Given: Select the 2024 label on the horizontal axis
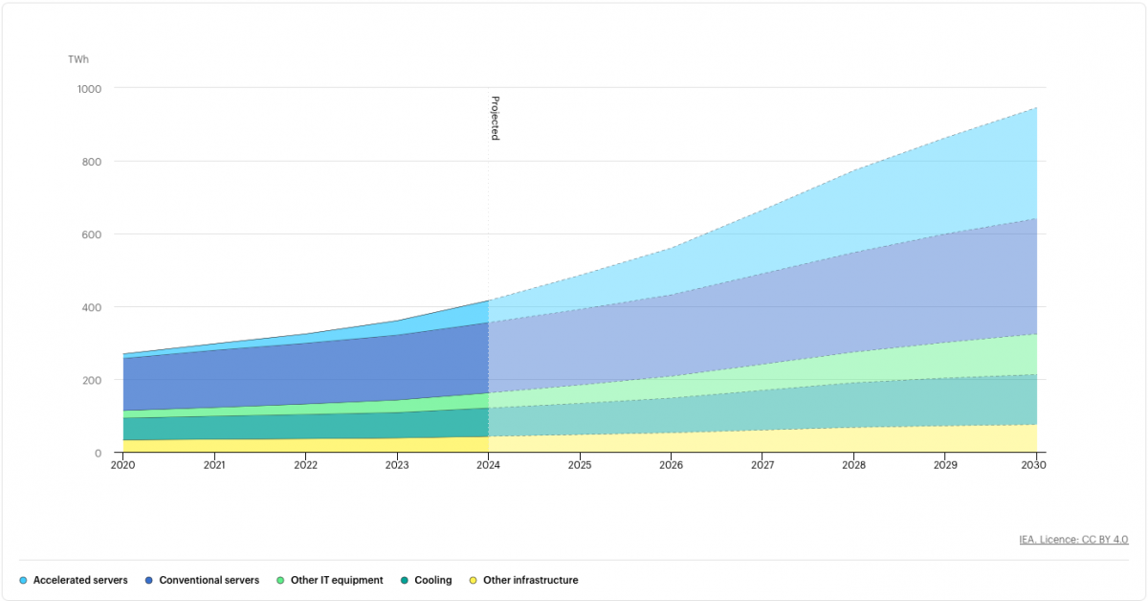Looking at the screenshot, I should click(489, 465).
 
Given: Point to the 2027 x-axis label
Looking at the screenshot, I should click(762, 465).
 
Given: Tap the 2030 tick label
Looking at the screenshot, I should click(1034, 465).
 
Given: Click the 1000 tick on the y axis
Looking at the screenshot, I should click(89, 88).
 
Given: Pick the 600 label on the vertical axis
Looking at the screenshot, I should click(93, 234).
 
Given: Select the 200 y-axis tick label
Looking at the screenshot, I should click(93, 380).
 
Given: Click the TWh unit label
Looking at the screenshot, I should click(78, 59).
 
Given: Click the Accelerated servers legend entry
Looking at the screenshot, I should click(80, 580).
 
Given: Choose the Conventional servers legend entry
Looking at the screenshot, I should click(209, 580).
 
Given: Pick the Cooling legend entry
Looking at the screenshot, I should click(432, 580).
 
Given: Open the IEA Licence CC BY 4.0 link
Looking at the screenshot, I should click(1073, 540).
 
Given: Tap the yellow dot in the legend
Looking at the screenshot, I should click(473, 580).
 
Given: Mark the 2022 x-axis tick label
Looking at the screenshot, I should click(306, 465).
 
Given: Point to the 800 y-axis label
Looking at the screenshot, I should click(93, 161).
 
